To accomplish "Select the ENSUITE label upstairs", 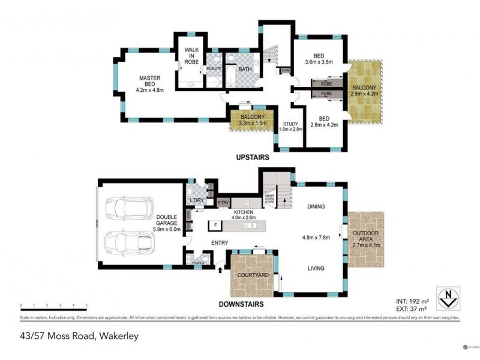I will pos(214,69).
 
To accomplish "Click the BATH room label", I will pos(245,70).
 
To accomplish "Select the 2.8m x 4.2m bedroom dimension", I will pos(325,125).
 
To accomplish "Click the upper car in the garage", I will pos(128,208).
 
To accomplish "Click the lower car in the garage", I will pos(129,242).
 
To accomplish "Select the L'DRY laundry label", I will pos(197,200).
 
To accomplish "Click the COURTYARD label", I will pos(252,274).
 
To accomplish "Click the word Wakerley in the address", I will pos(119,336).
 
